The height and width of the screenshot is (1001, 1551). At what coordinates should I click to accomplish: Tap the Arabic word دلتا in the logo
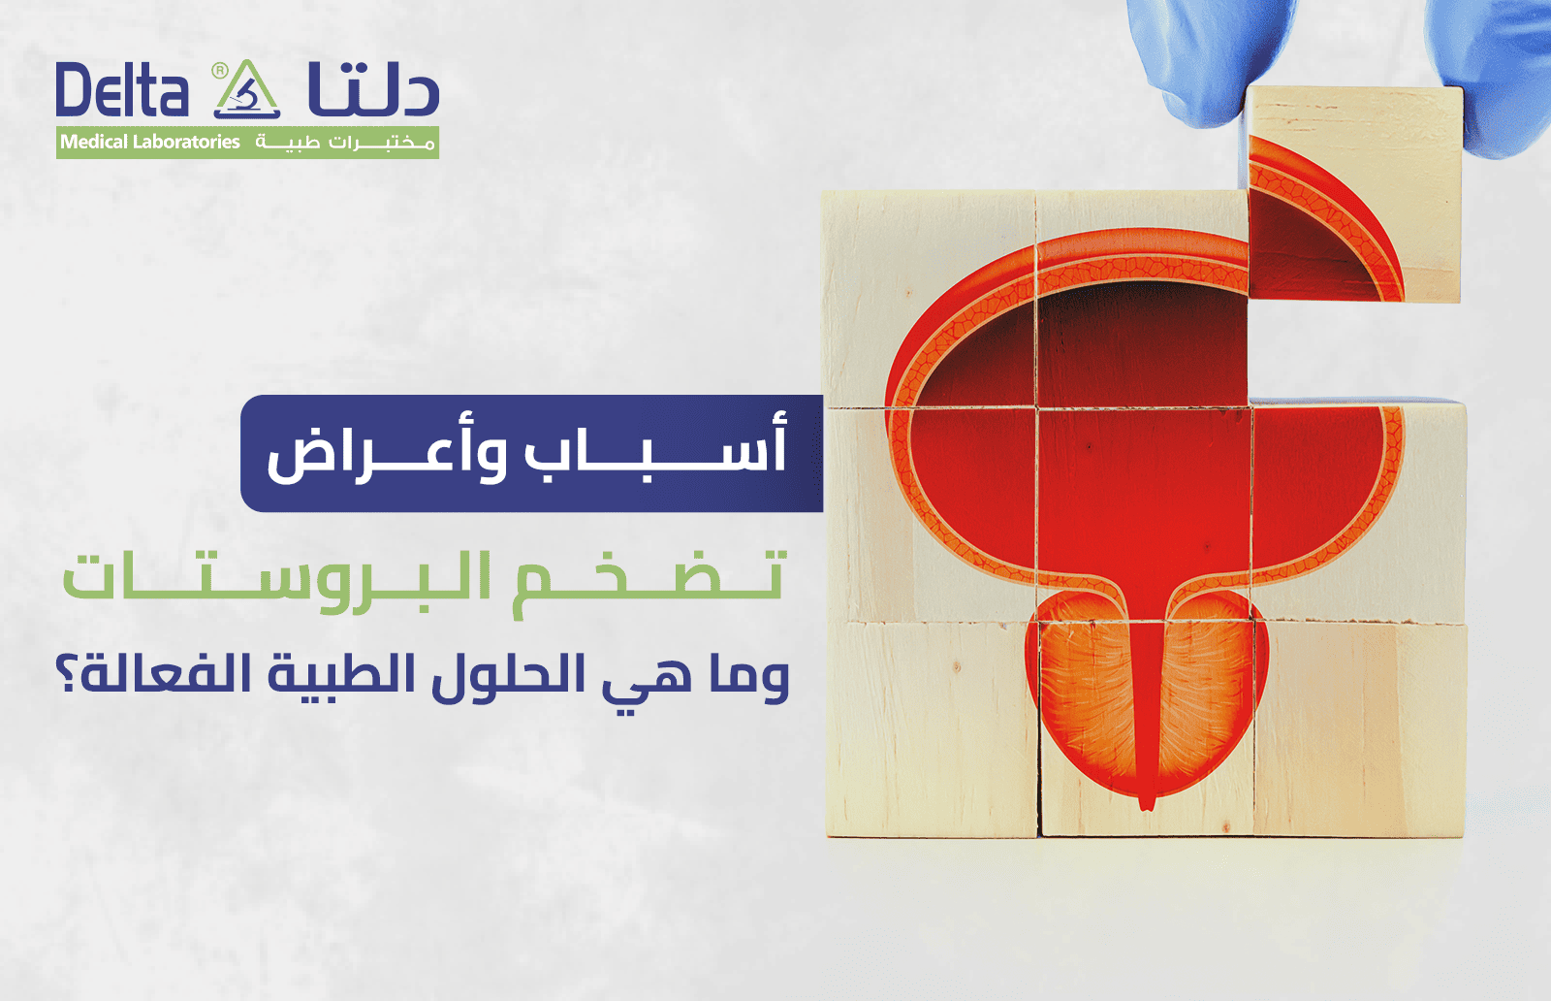[373, 89]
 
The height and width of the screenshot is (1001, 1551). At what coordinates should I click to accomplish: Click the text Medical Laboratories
[150, 143]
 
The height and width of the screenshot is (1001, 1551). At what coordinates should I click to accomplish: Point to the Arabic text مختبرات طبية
[344, 143]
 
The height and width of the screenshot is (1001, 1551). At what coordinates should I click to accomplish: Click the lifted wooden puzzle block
[1353, 194]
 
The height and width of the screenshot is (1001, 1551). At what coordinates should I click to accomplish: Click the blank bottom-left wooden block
[931, 727]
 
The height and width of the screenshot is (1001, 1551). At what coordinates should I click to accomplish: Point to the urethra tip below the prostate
[1148, 802]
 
